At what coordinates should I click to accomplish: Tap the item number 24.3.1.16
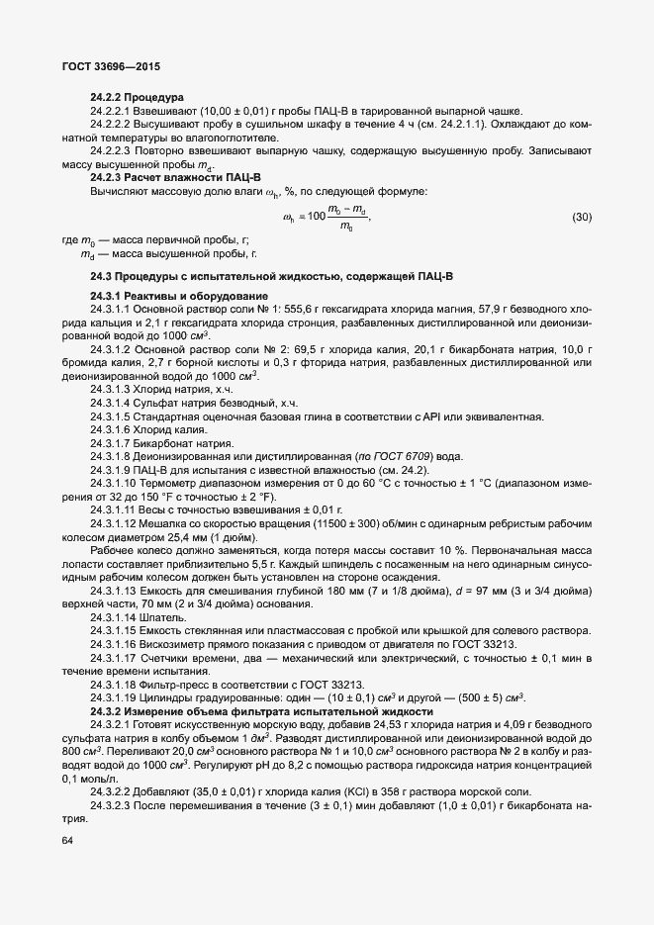click(x=116, y=642)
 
